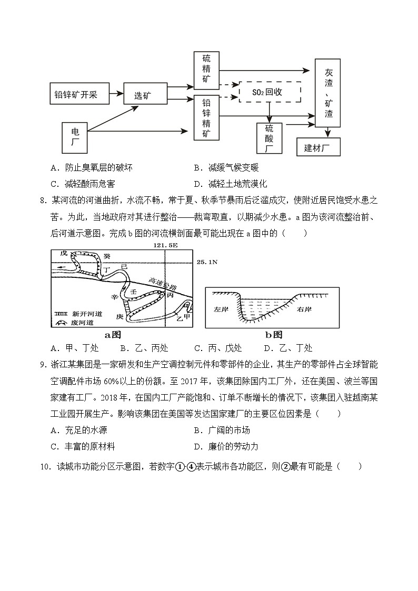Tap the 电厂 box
(x=75, y=137)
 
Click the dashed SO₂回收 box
(x=270, y=92)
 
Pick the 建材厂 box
(x=319, y=147)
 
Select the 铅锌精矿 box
(x=206, y=117)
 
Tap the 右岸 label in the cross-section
(x=305, y=309)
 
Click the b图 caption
(x=273, y=334)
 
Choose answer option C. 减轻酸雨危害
(x=83, y=184)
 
